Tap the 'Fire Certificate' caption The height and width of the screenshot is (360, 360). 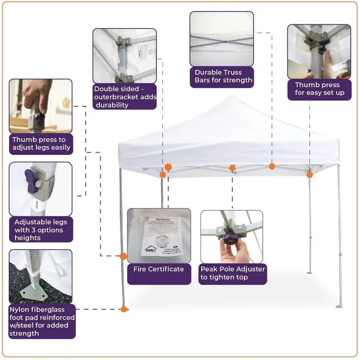(x=159, y=269)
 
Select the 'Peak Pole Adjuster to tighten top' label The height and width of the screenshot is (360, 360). (x=233, y=273)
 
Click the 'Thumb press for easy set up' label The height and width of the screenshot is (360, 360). (x=319, y=89)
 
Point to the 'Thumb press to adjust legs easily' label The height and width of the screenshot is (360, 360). (x=41, y=143)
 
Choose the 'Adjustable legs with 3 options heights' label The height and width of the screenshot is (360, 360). (x=41, y=230)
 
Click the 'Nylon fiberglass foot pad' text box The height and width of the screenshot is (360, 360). (x=42, y=321)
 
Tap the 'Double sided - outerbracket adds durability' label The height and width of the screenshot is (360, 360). (x=125, y=97)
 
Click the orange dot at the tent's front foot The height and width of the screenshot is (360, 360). (x=124, y=309)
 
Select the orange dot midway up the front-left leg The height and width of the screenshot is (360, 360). (x=123, y=256)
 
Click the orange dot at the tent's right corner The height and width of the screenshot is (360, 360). (x=310, y=175)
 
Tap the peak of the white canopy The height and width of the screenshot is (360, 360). (x=233, y=97)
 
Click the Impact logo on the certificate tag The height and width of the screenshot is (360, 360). (x=150, y=249)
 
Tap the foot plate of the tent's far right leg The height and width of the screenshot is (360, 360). (x=339, y=306)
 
